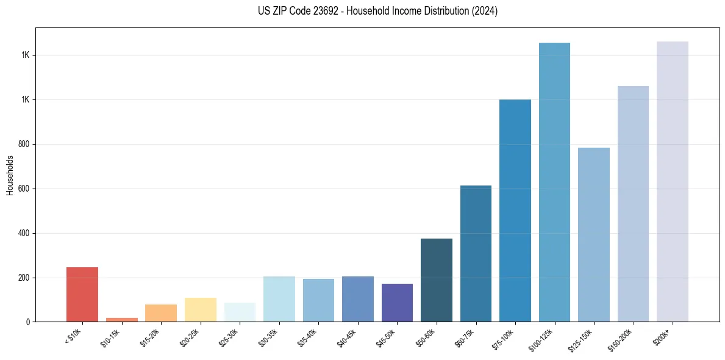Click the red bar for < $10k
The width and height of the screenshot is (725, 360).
pos(82,295)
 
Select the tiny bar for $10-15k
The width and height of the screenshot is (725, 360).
pos(121,319)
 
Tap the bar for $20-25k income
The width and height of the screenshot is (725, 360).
pos(200,310)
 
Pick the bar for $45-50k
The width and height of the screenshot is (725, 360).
pos(397,303)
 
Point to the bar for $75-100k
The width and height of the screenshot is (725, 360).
pos(515,211)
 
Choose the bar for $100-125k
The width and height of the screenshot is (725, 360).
pos(554,182)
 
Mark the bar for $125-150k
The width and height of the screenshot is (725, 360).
pos(594,235)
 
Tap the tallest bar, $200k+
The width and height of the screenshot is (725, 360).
pos(673,182)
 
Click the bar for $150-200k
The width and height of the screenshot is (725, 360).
pos(633,204)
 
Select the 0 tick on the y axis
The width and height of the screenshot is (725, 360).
pos(26,322)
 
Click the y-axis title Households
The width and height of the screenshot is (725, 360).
pos(10,175)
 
